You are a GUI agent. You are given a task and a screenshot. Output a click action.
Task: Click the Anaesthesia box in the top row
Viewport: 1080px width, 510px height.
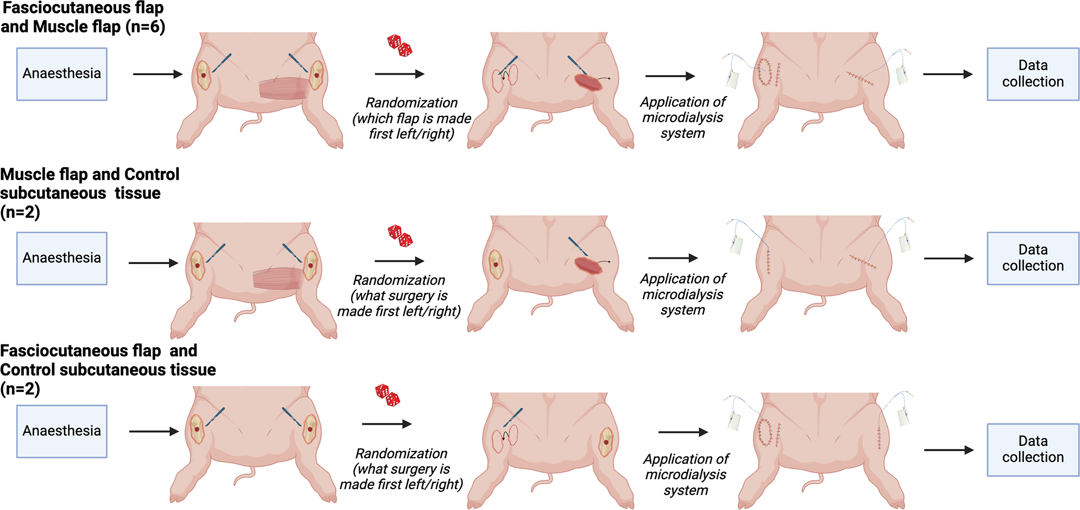[x=62, y=74]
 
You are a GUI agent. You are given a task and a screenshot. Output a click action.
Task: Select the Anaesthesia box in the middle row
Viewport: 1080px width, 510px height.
[x=62, y=258]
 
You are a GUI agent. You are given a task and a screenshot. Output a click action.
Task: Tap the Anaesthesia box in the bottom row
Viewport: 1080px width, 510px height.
[x=62, y=431]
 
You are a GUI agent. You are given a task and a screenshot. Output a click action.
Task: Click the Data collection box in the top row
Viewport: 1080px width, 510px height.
[x=1032, y=74]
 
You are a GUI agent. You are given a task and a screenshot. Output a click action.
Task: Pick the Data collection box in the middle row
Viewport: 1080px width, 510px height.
[x=1032, y=258]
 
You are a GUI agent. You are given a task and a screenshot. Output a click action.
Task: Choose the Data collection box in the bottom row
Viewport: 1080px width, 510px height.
[x=1032, y=449]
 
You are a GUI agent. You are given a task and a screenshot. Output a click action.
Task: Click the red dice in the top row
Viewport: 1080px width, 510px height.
[x=400, y=45]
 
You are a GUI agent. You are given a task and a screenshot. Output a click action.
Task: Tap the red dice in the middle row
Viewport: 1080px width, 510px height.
[x=400, y=235]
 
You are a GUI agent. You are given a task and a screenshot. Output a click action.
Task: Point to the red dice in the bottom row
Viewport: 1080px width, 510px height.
[x=387, y=395]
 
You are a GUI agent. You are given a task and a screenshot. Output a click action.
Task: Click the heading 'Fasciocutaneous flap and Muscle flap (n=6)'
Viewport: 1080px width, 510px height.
[x=83, y=18]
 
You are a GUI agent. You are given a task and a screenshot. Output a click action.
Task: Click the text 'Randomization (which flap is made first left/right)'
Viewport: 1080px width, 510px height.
[x=412, y=118]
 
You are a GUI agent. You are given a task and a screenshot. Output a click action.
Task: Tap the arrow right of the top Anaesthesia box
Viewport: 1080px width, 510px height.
[x=157, y=74]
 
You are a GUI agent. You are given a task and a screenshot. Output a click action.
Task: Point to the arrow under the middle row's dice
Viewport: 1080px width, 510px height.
[x=399, y=260]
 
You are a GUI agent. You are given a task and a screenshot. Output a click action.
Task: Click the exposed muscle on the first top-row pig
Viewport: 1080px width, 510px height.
[x=285, y=88]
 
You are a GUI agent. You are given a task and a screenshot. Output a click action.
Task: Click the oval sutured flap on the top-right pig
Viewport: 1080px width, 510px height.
[x=764, y=72]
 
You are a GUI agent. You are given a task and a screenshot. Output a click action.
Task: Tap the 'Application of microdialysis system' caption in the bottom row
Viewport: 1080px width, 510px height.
[x=686, y=475]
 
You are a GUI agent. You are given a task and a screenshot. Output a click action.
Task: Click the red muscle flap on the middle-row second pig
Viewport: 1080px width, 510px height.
[x=588, y=265]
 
